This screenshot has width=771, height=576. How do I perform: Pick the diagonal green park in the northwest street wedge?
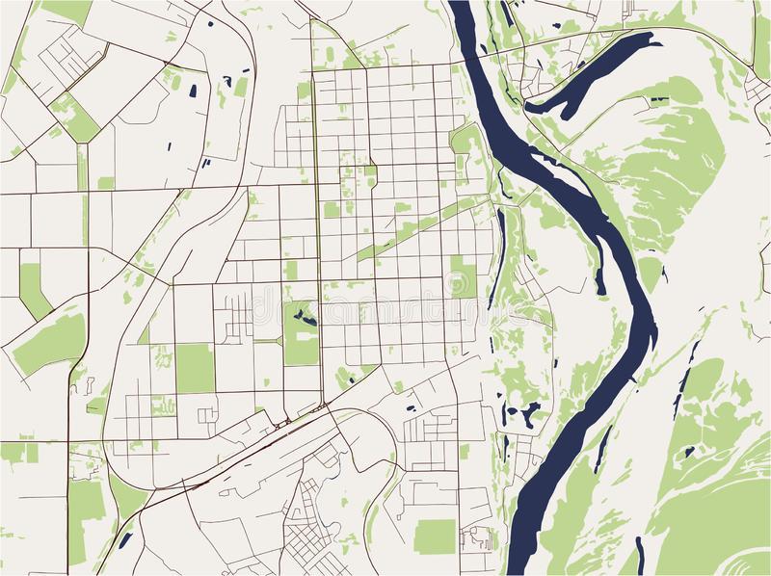(x=75, y=116)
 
